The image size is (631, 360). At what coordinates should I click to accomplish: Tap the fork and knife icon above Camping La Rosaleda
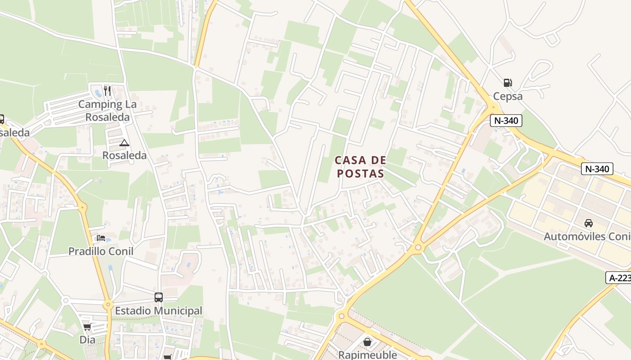point(107,91)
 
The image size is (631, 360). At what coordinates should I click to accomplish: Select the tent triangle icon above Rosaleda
point(124,143)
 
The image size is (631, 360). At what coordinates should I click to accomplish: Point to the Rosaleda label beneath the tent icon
point(124,155)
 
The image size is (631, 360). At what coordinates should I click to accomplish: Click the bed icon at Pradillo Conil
point(101,238)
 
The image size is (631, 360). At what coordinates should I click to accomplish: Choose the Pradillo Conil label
point(101,251)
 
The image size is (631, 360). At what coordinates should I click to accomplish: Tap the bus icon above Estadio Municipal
point(159,297)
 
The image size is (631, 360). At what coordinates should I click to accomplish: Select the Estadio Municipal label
point(159,310)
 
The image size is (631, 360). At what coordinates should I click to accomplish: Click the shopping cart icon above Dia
point(87,326)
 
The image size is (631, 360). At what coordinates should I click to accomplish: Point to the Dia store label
point(87,339)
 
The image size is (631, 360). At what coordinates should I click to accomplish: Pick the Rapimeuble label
point(367,355)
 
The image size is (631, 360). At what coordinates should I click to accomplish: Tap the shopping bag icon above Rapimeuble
point(367,342)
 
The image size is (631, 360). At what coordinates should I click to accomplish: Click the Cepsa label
point(508,96)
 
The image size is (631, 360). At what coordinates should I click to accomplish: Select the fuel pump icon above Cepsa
point(508,82)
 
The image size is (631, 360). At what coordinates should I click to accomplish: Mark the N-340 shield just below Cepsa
point(506,121)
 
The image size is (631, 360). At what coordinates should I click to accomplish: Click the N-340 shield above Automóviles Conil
point(597,169)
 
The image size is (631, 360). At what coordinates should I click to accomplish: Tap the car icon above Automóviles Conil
point(588,223)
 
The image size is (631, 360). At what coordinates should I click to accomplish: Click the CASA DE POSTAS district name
point(361,167)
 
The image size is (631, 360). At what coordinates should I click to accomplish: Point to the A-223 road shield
point(619,278)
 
